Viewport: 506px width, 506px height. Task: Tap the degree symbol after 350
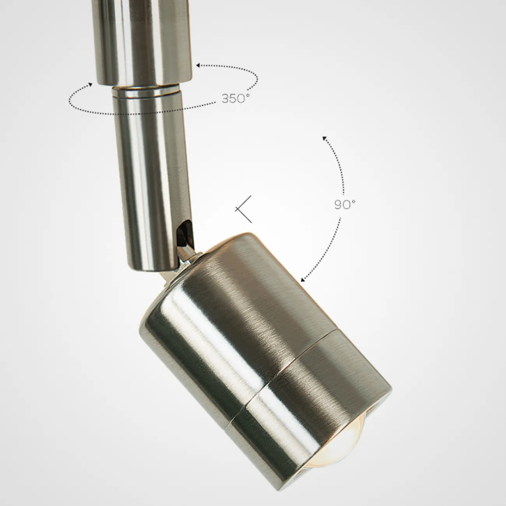tap(247, 95)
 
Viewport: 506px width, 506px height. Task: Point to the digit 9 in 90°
tap(338, 205)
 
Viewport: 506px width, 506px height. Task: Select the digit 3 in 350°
tap(226, 99)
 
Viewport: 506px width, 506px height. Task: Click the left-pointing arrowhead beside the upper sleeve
tap(198, 65)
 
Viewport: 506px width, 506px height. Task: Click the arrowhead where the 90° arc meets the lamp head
tap(303, 280)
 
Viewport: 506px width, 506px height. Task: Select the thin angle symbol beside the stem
tap(243, 209)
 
